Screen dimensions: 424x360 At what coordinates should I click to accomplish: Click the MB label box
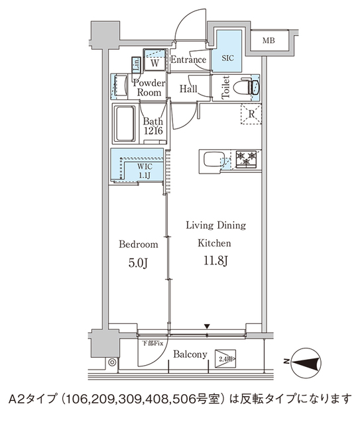269,41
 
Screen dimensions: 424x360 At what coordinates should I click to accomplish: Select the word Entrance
190,60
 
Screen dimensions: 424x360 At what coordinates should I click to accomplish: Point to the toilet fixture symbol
246,87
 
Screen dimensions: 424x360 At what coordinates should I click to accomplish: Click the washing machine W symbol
154,63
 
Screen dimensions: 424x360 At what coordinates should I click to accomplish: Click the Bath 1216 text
152,127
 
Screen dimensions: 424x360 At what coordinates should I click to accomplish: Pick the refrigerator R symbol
251,115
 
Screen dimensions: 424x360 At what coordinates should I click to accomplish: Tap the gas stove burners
247,159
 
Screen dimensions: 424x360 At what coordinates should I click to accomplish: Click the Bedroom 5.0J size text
138,262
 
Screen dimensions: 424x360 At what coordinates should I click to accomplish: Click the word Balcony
190,355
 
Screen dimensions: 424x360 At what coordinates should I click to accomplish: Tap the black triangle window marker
208,326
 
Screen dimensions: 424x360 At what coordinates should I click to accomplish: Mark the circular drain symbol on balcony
113,362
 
